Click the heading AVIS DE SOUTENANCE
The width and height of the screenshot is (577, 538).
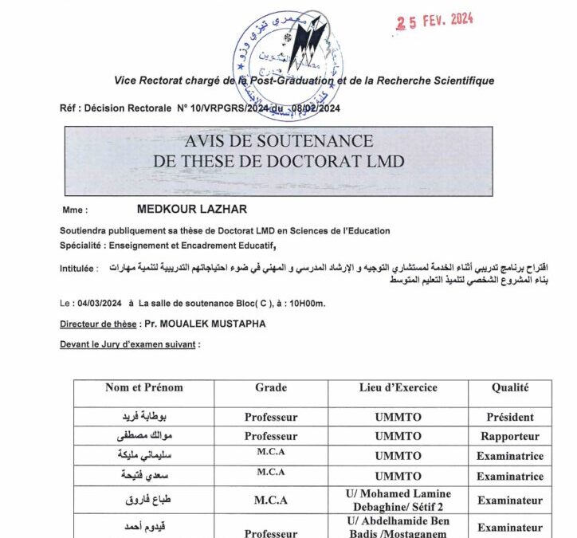pos(278,141)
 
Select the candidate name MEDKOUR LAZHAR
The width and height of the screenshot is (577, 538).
pos(192,210)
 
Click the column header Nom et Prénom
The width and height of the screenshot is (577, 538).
pos(144,388)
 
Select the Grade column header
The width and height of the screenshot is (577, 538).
pos(271,388)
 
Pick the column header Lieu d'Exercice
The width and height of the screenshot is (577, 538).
pos(398,388)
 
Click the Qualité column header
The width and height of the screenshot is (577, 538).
pos(510,388)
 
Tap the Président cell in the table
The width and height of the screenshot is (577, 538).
pos(510,417)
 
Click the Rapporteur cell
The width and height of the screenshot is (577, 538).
pos(510,437)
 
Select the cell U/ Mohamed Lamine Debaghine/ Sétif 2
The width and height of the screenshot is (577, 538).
pos(398,501)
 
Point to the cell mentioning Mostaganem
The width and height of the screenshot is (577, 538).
pos(398,528)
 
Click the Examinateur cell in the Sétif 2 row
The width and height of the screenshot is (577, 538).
pos(510,501)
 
